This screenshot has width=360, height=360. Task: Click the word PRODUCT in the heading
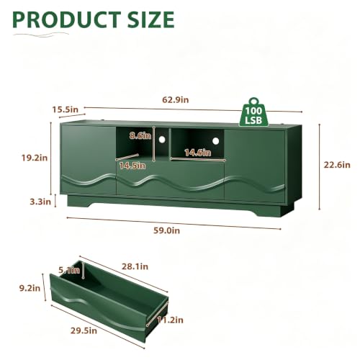tap(67, 19)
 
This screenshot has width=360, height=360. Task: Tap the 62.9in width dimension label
tap(176, 99)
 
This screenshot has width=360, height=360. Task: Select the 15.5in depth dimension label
tap(66, 109)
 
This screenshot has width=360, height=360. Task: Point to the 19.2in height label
tap(35, 158)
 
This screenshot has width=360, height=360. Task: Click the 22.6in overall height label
tap(337, 165)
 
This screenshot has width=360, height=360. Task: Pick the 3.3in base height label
tap(40, 202)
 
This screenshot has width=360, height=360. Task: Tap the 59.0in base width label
tap(166, 230)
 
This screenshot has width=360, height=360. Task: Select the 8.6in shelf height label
tap(140, 136)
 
